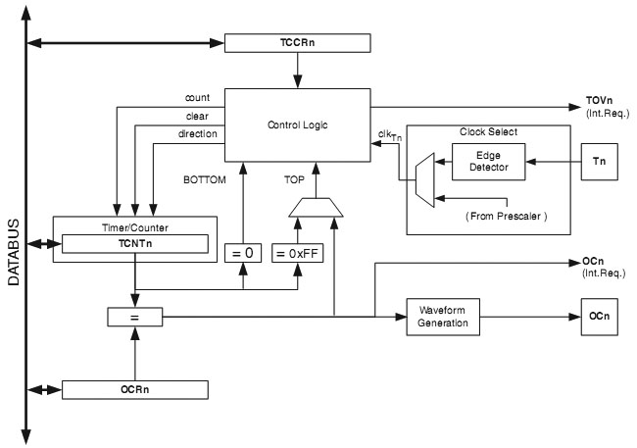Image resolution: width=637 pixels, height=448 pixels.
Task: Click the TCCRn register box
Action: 299,44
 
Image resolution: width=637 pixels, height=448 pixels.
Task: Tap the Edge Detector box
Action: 488,163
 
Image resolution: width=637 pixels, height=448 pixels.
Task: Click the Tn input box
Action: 600,161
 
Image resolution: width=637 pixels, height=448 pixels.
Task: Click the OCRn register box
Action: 135,389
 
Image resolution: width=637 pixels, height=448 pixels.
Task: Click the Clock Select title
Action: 487,131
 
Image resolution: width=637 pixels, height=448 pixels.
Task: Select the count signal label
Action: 198,98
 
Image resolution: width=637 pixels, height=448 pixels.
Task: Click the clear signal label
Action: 198,116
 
